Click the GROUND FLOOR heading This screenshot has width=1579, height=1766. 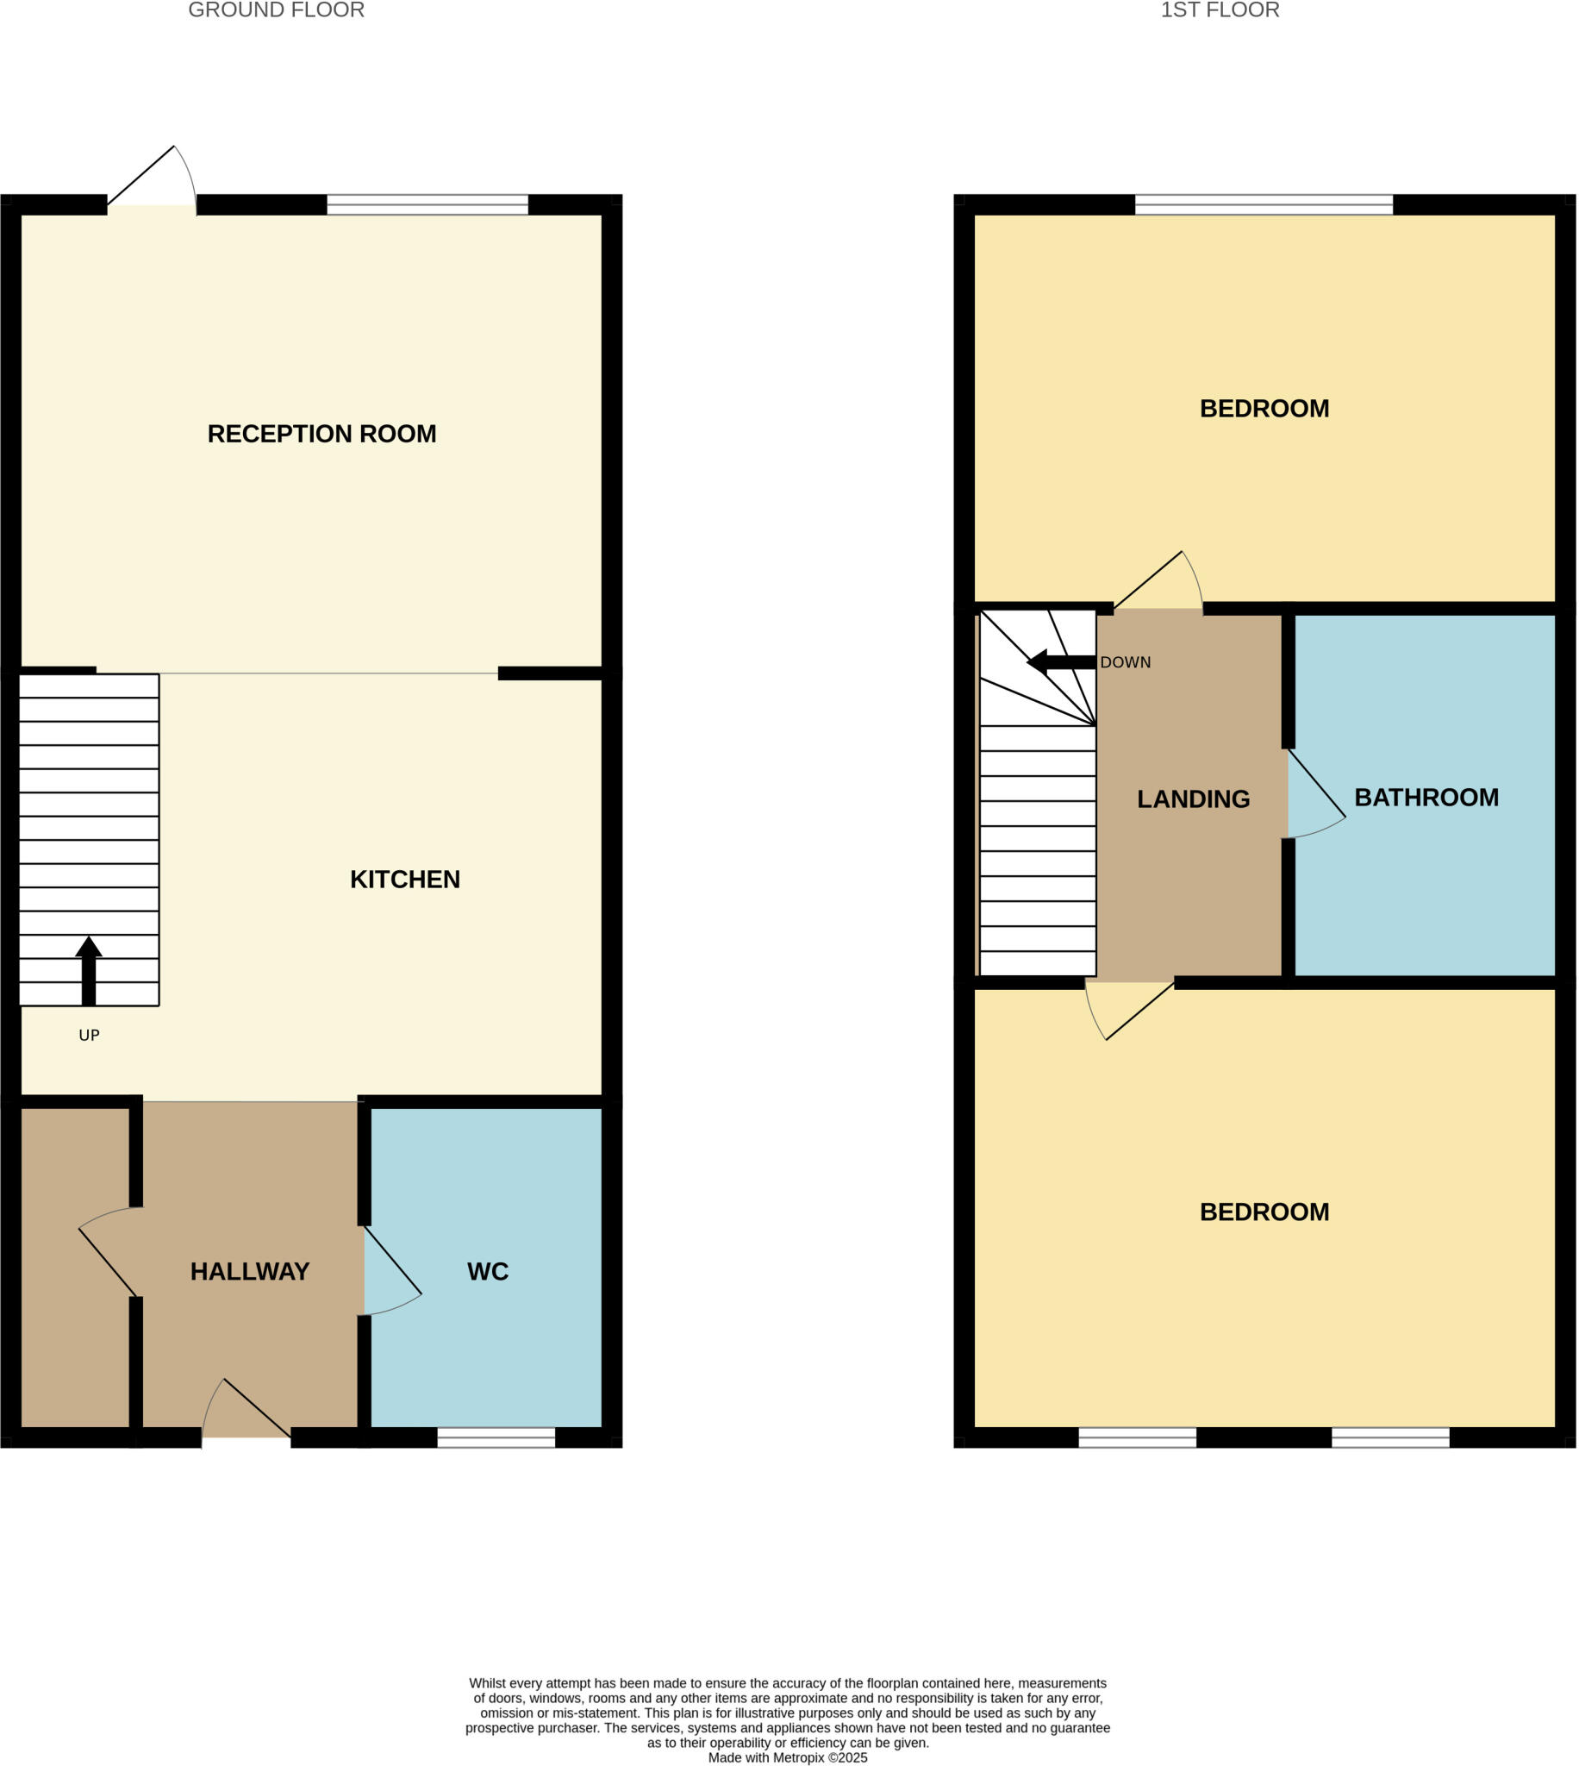(x=276, y=10)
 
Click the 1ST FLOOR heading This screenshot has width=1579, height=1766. (x=1220, y=10)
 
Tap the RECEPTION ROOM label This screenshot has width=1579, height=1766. (x=321, y=434)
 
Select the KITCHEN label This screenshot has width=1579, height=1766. (x=404, y=880)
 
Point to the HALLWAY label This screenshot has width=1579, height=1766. (x=250, y=1272)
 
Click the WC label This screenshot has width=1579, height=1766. (x=488, y=1272)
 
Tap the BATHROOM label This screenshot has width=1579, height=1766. (x=1426, y=798)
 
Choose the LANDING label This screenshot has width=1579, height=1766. (x=1193, y=799)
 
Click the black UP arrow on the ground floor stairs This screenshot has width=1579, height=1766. (x=89, y=970)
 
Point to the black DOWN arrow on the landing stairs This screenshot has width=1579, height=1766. (x=1060, y=663)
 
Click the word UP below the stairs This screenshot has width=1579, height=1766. (x=90, y=1036)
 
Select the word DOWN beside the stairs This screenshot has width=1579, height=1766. (x=1126, y=663)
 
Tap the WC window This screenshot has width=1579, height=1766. (x=496, y=1438)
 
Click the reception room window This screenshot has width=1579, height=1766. (x=427, y=205)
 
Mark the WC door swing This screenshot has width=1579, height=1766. (x=390, y=1271)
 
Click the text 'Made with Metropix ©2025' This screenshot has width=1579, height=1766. (x=788, y=1757)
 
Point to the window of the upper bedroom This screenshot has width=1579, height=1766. (x=1264, y=205)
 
